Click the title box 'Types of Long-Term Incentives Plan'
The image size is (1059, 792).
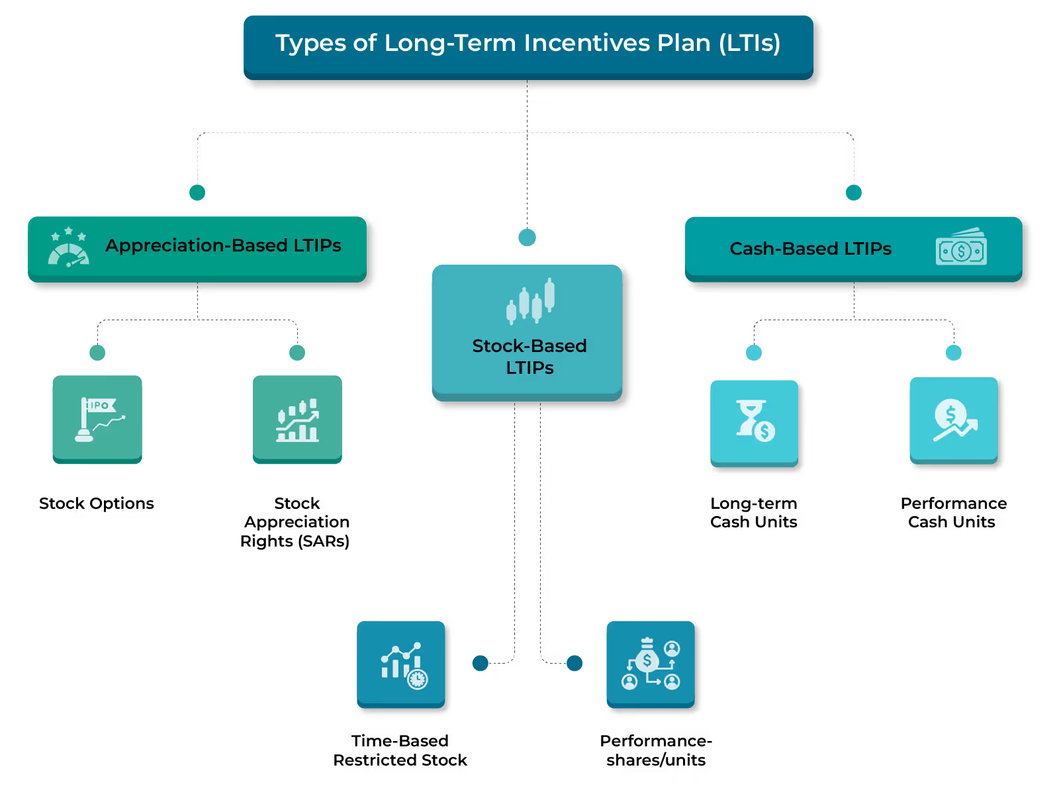(x=528, y=44)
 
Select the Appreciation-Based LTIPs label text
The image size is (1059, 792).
(x=223, y=245)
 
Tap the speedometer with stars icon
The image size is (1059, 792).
(x=68, y=247)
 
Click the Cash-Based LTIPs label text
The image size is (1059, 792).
(x=810, y=249)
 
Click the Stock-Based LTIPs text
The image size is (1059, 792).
(x=529, y=357)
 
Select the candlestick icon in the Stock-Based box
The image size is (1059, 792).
(x=530, y=301)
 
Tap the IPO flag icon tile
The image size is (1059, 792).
(x=97, y=419)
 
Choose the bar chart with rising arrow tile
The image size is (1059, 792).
(x=297, y=419)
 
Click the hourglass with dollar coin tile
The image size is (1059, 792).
(x=754, y=422)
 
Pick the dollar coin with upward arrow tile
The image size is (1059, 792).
(x=953, y=420)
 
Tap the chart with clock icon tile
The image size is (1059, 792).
(x=401, y=664)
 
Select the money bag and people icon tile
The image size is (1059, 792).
(x=651, y=664)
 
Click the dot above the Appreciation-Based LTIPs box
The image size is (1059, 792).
(x=197, y=193)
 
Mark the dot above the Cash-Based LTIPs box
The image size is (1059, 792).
(x=854, y=193)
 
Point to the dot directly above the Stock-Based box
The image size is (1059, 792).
(x=527, y=238)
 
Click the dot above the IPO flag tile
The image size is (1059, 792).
(x=97, y=353)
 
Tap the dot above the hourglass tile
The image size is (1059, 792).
(x=754, y=353)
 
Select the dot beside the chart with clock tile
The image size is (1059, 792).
(x=481, y=663)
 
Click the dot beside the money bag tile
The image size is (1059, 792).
(x=575, y=663)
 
